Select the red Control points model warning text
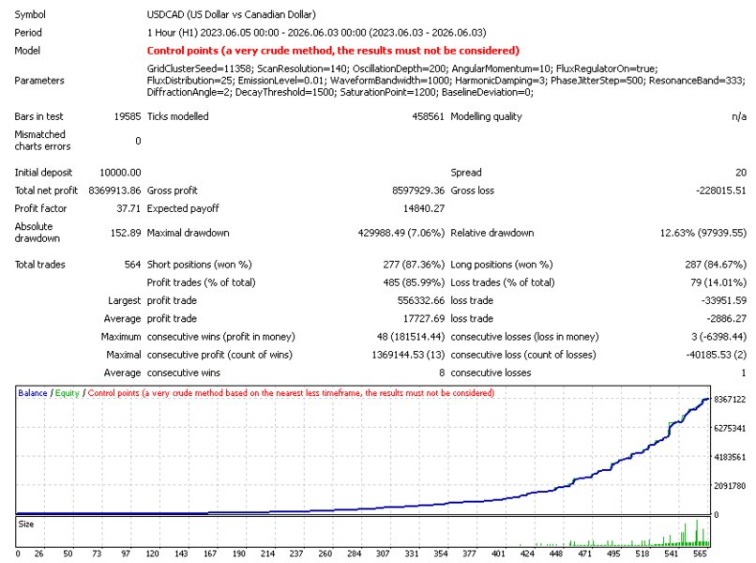(x=333, y=51)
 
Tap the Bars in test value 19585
(x=128, y=116)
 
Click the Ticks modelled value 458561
(x=428, y=116)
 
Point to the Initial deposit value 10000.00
(x=120, y=173)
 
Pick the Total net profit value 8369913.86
(x=114, y=190)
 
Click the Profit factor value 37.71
(x=129, y=208)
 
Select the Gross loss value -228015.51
(x=720, y=190)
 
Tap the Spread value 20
(x=741, y=173)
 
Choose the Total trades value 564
(x=132, y=265)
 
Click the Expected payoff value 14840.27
(x=424, y=208)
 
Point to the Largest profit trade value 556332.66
(x=421, y=300)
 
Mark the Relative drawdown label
(x=491, y=233)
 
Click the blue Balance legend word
(x=32, y=393)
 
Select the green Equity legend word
(x=67, y=393)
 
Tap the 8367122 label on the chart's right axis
(x=730, y=400)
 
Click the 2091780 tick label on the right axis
(x=730, y=486)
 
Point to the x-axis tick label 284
(x=354, y=554)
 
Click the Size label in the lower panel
(x=26, y=524)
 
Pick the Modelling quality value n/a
(x=739, y=116)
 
